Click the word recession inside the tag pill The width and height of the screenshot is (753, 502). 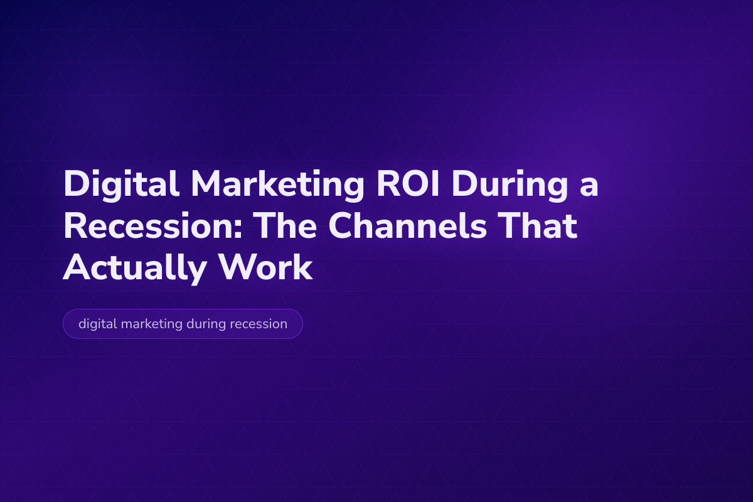(x=260, y=324)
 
